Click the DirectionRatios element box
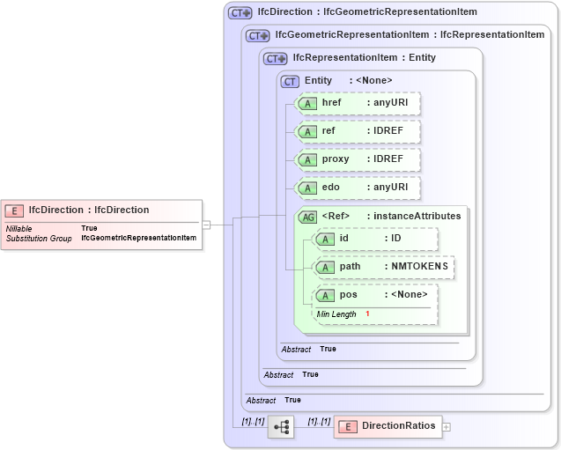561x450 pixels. point(388,426)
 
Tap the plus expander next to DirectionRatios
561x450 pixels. point(446,426)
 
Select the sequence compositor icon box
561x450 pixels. point(281,426)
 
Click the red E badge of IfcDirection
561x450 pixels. point(15,210)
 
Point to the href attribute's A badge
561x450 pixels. point(307,103)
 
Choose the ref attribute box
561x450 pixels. point(358,131)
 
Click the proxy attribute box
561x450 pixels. point(358,159)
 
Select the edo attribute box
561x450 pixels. point(358,188)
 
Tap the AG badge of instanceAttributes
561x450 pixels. point(308,217)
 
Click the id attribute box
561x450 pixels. point(375,239)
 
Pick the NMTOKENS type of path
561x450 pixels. point(419,266)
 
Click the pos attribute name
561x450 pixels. point(349,294)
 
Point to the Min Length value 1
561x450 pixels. point(367,314)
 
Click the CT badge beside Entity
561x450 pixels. point(290,81)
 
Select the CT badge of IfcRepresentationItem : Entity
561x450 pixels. point(276,58)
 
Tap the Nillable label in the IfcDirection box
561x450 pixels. point(19,228)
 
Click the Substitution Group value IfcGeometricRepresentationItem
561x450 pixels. point(138,238)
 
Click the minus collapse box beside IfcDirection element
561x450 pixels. point(206,225)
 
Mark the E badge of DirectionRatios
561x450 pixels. point(347,426)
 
